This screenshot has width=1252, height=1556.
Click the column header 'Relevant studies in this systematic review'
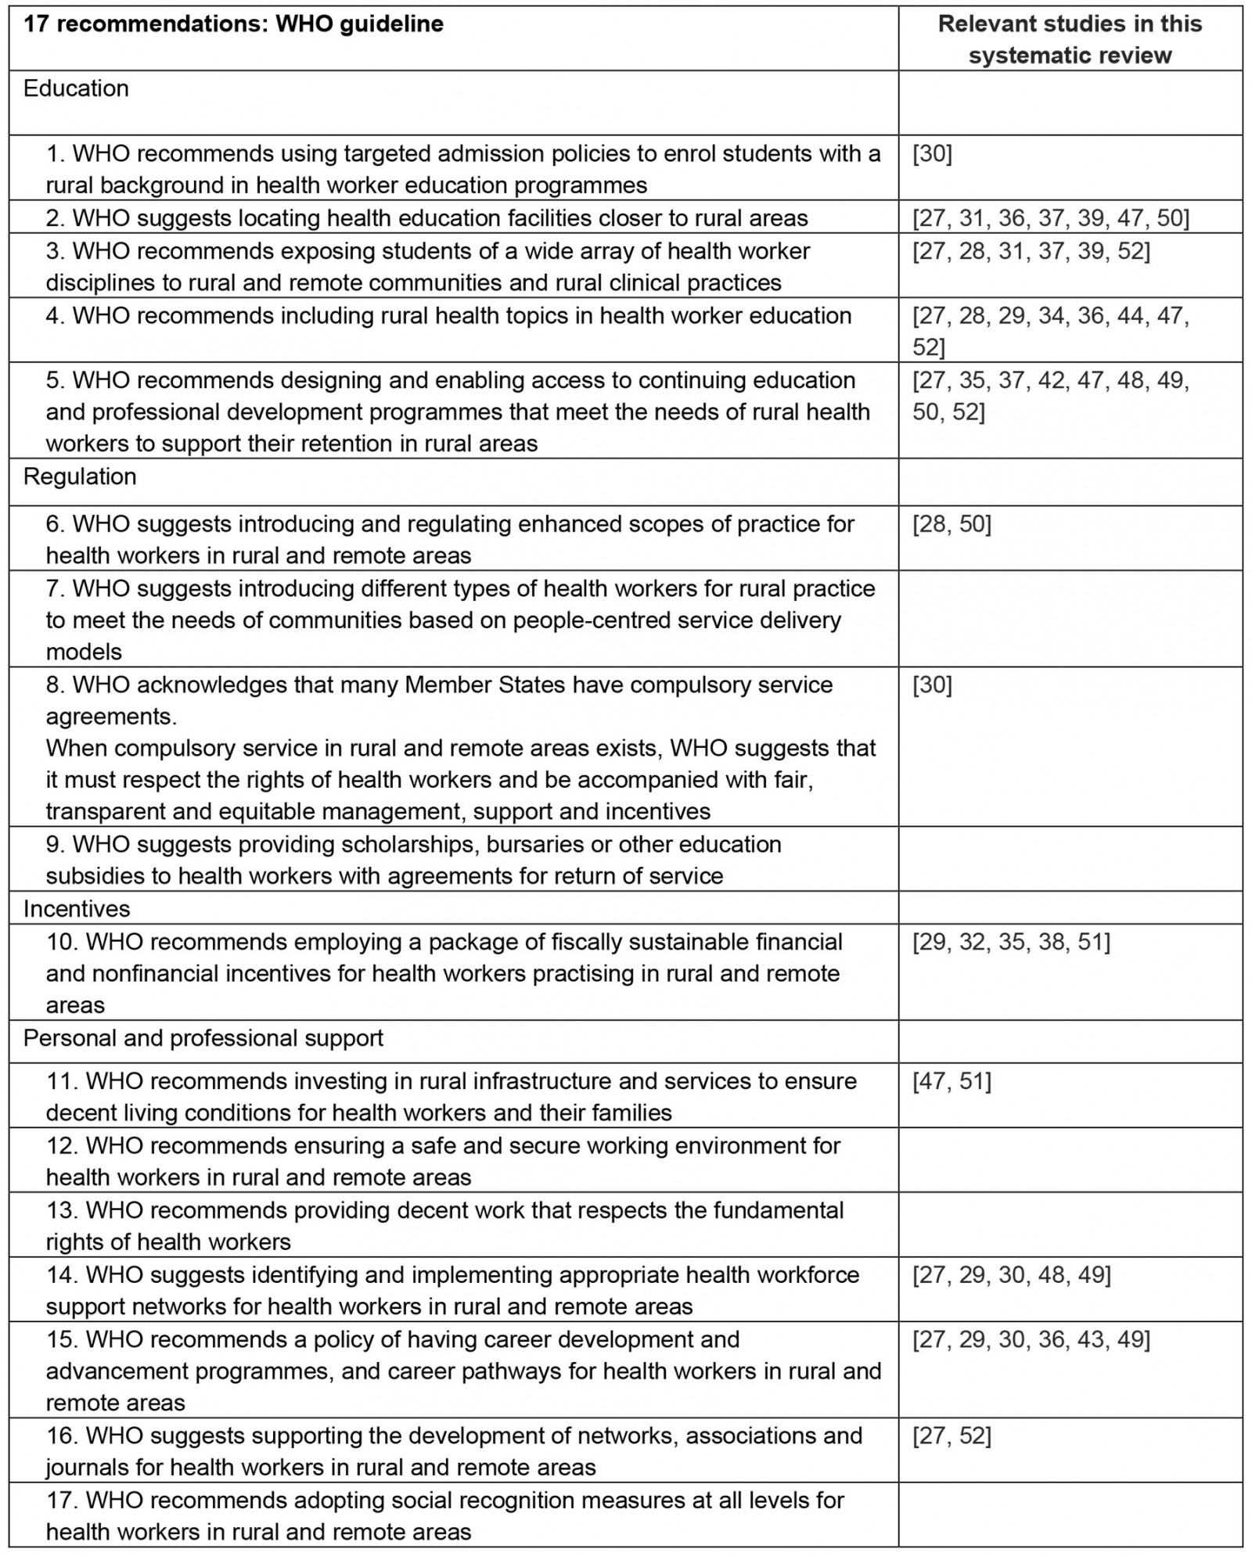coord(1069,39)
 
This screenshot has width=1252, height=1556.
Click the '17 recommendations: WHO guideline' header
coord(233,24)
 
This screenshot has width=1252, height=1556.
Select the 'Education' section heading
coord(76,88)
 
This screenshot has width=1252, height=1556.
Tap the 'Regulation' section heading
coord(80,476)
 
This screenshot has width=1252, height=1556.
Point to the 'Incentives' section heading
coord(77,908)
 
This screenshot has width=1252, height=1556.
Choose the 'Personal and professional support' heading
coord(203,1038)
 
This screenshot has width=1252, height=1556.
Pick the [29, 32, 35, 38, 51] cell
coord(1011,942)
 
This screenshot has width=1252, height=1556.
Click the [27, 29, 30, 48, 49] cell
coord(1011,1275)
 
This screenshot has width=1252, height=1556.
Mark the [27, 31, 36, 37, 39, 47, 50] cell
coord(1050,217)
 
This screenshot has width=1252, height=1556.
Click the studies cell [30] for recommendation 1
coord(932,154)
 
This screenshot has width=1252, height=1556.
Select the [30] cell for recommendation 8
coord(932,685)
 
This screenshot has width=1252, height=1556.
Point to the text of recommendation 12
coord(443,1161)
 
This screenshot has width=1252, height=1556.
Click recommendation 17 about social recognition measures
coord(444,1515)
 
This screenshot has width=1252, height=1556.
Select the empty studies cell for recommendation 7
coord(1069,619)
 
